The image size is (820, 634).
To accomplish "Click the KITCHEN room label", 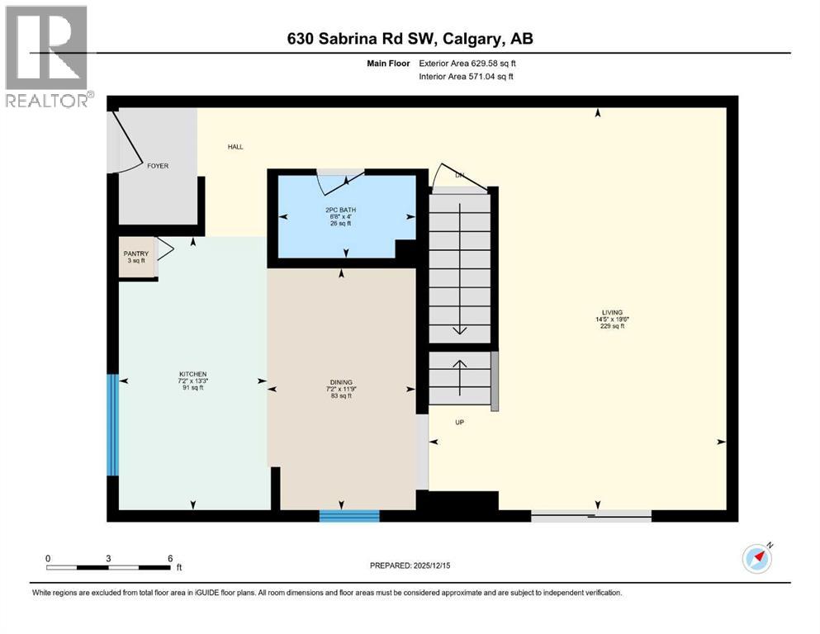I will (192, 374).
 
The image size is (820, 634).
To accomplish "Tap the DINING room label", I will (341, 382).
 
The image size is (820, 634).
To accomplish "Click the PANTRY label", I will (135, 253).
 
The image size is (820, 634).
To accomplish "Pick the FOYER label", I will (157, 166).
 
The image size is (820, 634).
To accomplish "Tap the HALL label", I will (235, 147).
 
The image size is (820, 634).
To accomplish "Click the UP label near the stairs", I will (460, 422).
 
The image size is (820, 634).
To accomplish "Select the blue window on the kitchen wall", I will (113, 425).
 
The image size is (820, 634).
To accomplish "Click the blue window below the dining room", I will (349, 516).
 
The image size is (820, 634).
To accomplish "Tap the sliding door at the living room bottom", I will (590, 516).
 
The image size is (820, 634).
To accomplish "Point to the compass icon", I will (756, 558).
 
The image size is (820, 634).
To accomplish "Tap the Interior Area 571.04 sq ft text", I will (467, 77).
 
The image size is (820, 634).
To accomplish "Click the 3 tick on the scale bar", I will (108, 558).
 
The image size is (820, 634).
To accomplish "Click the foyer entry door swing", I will (128, 144).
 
